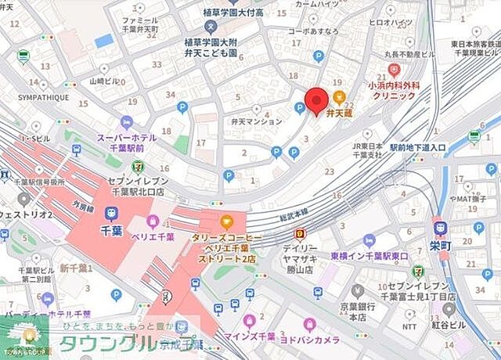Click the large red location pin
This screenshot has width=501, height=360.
pos(316,101)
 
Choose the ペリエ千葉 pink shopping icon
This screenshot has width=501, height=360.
pos(153,222)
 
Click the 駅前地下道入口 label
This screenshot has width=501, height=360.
pos(419,147)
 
